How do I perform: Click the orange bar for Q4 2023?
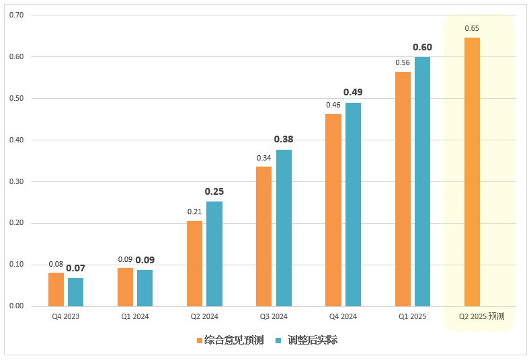(56, 289)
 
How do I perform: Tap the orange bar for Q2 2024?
(194, 263)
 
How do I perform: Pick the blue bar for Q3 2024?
(284, 228)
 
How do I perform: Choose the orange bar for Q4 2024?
(333, 210)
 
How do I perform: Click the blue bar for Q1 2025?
(422, 181)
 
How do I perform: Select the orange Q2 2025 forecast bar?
(472, 172)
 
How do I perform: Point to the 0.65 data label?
(472, 28)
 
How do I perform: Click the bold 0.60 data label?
(422, 47)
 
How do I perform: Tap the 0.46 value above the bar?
(333, 105)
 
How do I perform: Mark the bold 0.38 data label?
(284, 140)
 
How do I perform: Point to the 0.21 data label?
(194, 212)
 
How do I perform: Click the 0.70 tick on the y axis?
(17, 15)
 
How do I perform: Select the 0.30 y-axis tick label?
(17, 181)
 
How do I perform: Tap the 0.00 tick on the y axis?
(17, 306)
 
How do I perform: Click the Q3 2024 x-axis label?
(274, 316)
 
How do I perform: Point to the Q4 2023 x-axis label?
(65, 316)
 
